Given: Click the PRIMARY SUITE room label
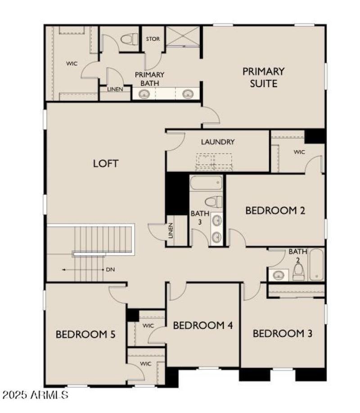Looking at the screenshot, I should [x=263, y=77].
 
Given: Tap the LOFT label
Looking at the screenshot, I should [x=106, y=163].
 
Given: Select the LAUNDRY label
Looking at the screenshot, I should [x=218, y=142].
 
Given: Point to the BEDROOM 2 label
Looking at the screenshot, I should [x=275, y=210].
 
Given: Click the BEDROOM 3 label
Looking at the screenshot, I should [x=282, y=333].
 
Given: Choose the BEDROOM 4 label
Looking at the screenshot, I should [x=202, y=325].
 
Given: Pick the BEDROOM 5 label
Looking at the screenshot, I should [x=85, y=334].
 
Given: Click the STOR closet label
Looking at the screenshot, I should [x=153, y=39].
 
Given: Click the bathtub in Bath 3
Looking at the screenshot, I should [x=206, y=183].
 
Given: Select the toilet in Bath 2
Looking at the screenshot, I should [x=298, y=271].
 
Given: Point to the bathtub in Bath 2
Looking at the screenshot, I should [x=316, y=265].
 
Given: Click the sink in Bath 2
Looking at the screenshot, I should [x=279, y=274].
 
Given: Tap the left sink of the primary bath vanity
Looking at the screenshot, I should [x=144, y=94].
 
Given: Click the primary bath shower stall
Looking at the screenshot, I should [x=182, y=36].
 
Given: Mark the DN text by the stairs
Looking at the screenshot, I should [x=110, y=269].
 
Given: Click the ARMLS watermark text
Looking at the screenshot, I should [x=35, y=395].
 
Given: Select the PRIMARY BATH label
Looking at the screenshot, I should [x=149, y=79].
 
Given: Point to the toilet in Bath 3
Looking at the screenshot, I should [x=214, y=202].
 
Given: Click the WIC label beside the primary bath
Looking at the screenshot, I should [x=72, y=64].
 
